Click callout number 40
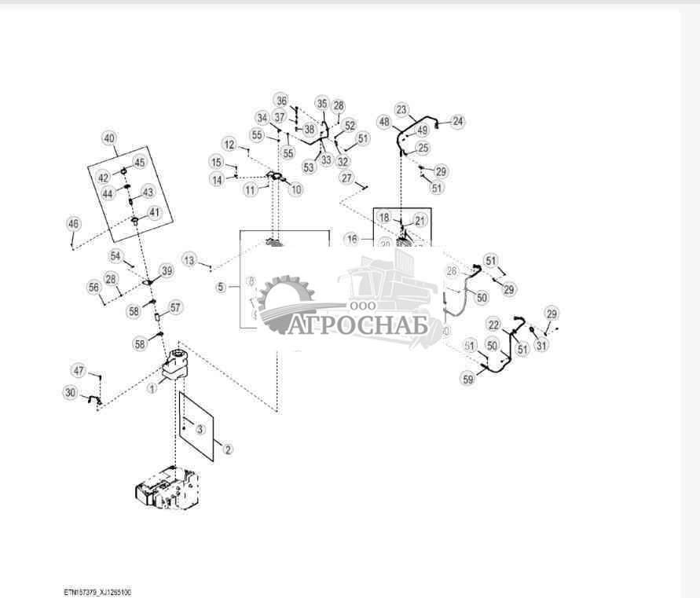click(x=109, y=138)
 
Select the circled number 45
click(x=140, y=162)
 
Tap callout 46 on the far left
click(x=73, y=224)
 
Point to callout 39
click(x=167, y=270)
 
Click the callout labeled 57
click(x=175, y=307)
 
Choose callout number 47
click(x=79, y=370)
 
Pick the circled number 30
click(x=71, y=393)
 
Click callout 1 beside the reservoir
click(x=152, y=387)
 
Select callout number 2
click(x=228, y=449)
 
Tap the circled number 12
click(x=229, y=145)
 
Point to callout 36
click(x=281, y=100)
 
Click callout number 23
click(x=401, y=109)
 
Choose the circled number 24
click(x=457, y=121)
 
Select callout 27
click(x=347, y=178)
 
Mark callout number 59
click(x=468, y=380)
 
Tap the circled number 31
click(x=542, y=345)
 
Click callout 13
click(x=189, y=259)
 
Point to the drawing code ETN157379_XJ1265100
click(x=97, y=592)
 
